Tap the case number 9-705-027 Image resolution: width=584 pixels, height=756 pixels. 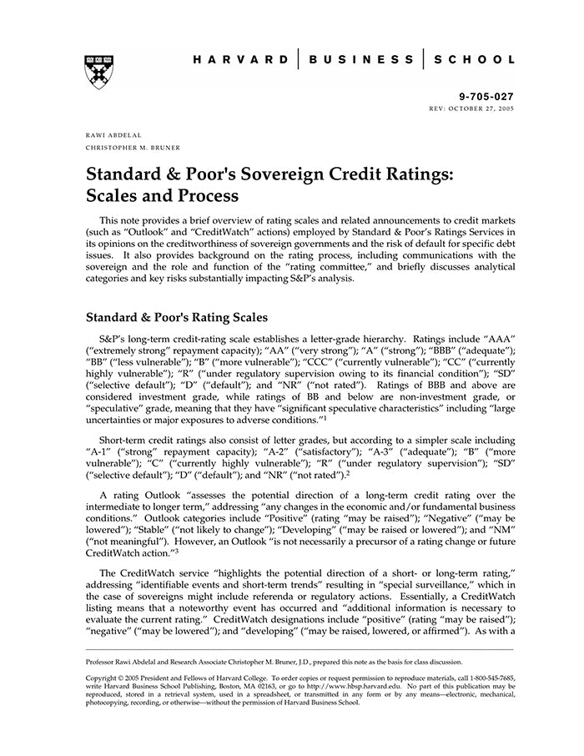[x=491, y=98]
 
